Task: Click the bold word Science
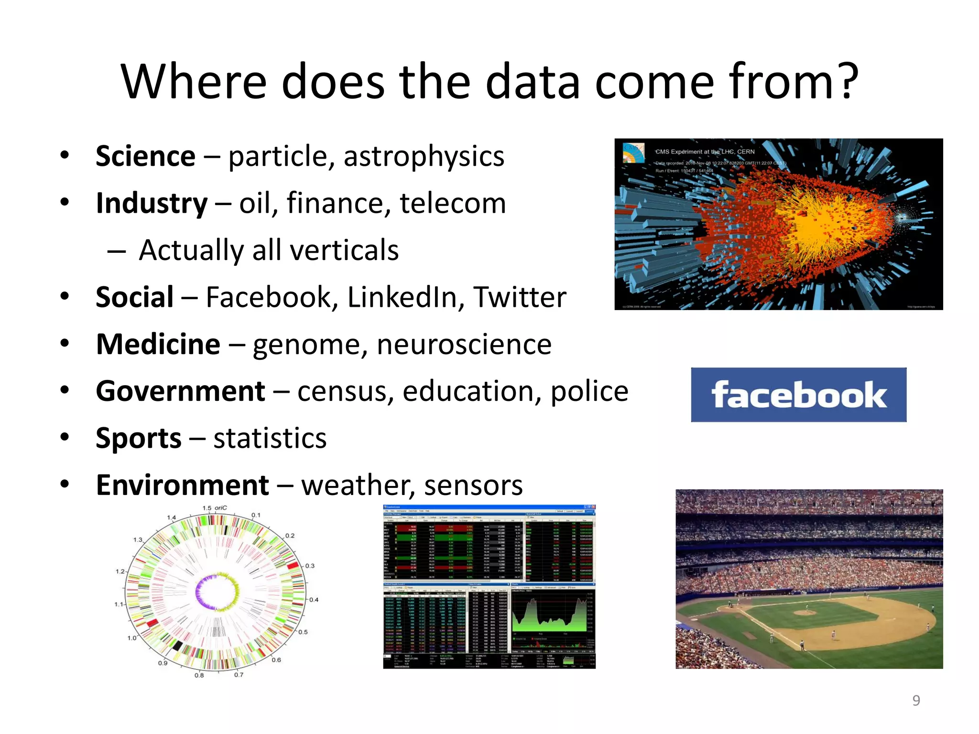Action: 145,156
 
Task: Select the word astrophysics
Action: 424,156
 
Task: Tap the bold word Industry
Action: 152,203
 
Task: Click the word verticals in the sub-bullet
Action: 344,250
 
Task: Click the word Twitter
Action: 520,297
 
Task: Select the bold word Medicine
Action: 158,344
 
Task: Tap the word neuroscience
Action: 464,344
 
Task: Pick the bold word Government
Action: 180,391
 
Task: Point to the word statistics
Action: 270,438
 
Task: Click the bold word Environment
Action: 182,485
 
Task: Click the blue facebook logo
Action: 798,395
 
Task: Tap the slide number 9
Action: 916,700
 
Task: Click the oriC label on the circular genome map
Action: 221,508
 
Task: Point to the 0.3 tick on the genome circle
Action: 310,566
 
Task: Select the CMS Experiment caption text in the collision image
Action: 705,151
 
